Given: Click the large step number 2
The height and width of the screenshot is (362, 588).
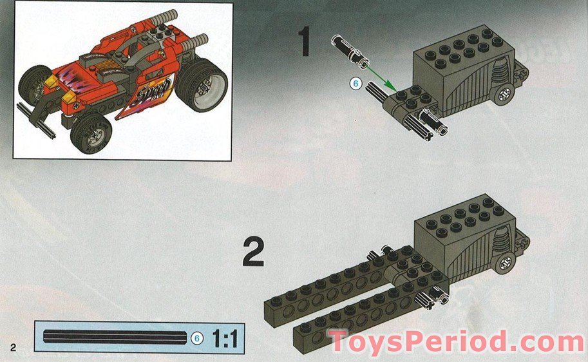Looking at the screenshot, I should click(253, 253).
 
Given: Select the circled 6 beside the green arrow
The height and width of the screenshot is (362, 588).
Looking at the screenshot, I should click(354, 83).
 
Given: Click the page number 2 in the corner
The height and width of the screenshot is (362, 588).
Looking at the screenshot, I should click(12, 347).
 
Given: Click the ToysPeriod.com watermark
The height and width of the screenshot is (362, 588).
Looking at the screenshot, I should click(456, 342).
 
